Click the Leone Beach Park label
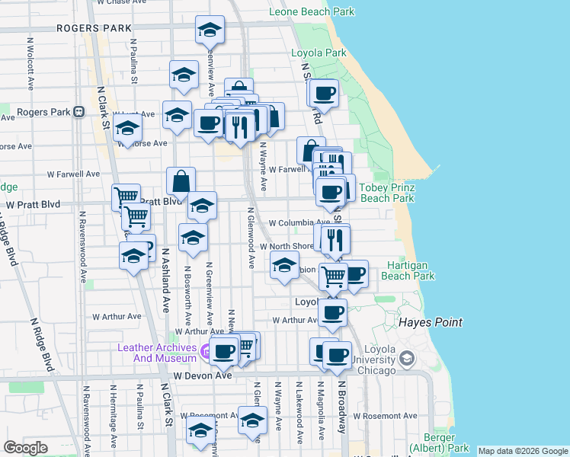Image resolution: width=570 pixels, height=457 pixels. tap(312, 12)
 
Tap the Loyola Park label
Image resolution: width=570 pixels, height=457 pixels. tap(319, 53)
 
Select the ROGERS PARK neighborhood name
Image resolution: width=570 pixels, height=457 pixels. tap(94, 28)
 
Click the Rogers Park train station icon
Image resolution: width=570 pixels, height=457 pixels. tap(78, 111)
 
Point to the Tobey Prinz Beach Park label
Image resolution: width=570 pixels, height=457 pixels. tap(386, 193)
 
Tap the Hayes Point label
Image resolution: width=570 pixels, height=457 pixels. tap(431, 323)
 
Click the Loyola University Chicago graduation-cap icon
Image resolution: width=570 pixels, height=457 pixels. tap(408, 357)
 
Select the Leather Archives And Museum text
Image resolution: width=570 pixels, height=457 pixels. tap(157, 353)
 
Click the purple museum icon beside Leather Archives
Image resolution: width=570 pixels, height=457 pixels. tap(206, 352)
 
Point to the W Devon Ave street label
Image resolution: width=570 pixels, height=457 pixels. tap(202, 376)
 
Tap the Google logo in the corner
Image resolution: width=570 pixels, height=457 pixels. tap(25, 448)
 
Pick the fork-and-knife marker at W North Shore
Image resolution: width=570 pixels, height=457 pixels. tap(335, 239)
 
